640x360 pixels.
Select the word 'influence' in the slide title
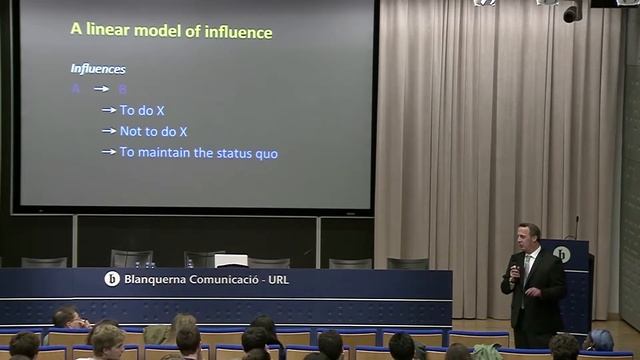point(235,31)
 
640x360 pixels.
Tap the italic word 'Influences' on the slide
point(98,69)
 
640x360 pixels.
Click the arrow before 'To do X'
point(109,110)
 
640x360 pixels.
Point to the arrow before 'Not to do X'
point(109,131)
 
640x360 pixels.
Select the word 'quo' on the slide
point(266,153)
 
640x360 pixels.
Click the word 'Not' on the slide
point(131,131)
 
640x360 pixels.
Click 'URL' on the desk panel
point(278,279)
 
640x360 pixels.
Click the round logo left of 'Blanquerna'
point(112,279)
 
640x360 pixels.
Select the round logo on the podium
point(562,254)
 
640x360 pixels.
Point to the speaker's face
point(528,237)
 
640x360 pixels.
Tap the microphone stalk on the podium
point(576,227)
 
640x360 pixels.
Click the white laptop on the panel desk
point(230,259)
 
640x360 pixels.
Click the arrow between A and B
point(100,89)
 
